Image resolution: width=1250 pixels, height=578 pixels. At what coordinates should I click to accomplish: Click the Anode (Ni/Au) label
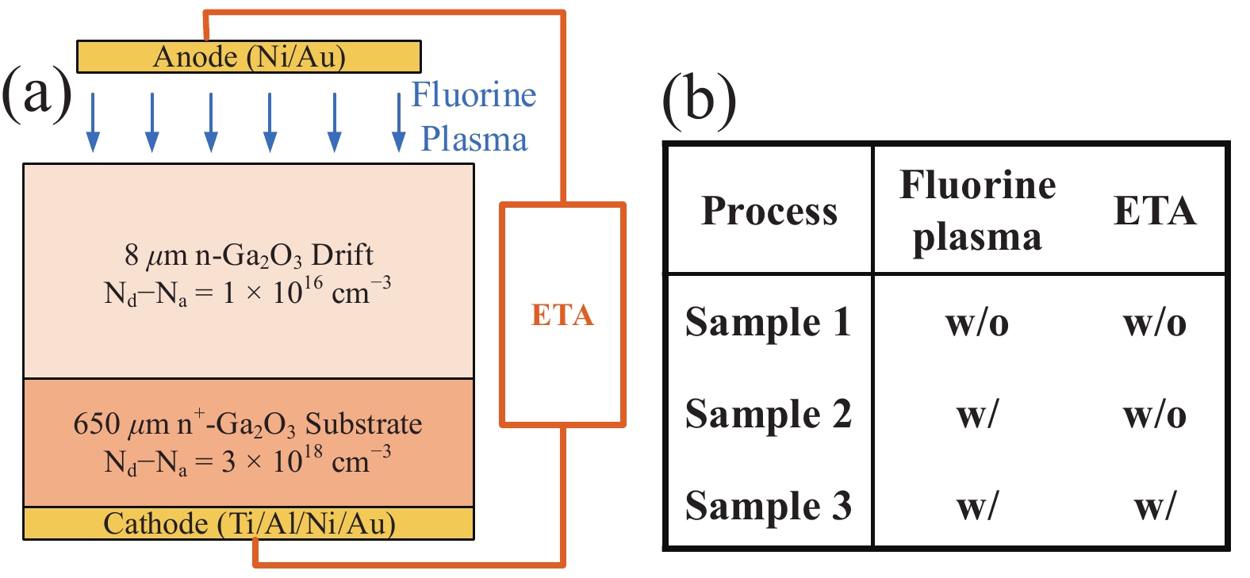pos(249,57)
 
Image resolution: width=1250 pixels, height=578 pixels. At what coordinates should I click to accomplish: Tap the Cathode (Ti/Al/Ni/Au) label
pos(249,523)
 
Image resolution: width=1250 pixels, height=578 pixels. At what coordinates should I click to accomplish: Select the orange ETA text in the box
pos(562,315)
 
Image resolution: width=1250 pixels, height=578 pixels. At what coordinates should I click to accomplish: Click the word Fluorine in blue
pos(474,95)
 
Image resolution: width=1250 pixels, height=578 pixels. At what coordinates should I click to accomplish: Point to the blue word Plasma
pos(474,140)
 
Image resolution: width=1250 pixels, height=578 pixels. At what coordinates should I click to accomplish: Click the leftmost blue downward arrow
pos(94,122)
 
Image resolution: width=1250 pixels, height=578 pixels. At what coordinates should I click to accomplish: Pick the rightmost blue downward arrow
pos(399,122)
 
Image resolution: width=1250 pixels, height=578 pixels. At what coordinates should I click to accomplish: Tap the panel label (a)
pos(36,93)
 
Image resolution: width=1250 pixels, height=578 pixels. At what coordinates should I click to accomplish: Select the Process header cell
pos(769,211)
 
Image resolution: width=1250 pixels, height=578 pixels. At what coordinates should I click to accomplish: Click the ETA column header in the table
pos(1154,211)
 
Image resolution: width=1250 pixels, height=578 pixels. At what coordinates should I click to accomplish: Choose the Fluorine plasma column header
pos(977,211)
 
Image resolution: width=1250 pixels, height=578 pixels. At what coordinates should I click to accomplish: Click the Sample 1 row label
pos(768,323)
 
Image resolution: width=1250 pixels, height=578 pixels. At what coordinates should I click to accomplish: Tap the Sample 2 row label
pos(768,415)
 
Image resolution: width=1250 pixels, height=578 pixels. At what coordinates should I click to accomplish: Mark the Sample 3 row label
pos(768,506)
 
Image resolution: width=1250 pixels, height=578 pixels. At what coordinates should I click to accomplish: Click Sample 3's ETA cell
pos(1155,506)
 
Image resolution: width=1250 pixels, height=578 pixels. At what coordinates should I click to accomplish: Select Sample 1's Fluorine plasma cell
pos(977,323)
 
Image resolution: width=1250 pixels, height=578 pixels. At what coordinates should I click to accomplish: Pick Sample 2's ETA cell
pos(1155,415)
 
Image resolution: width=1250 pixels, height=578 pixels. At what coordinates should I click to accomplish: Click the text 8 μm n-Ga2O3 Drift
pos(248,255)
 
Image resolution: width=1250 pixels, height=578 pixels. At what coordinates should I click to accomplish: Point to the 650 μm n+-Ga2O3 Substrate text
pos(247,424)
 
